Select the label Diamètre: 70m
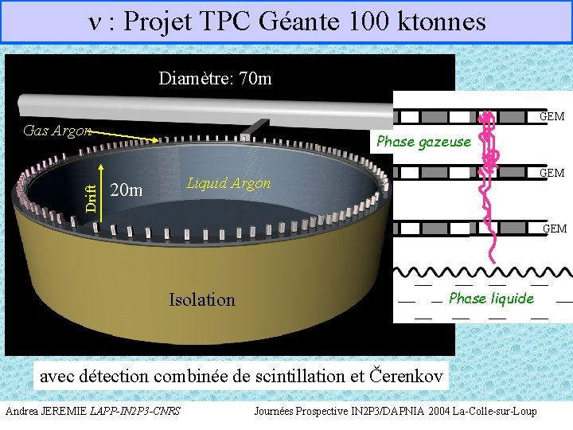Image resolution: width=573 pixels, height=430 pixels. tap(215, 78)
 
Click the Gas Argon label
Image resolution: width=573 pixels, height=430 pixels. tap(57, 131)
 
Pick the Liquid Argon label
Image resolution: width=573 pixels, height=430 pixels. tap(228, 183)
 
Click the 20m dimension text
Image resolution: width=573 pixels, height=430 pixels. tap(127, 190)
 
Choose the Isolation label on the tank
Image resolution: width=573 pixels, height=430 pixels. tap(202, 299)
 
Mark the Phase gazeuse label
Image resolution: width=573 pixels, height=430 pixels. tap(423, 142)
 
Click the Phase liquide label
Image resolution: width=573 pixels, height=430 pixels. tap(491, 298)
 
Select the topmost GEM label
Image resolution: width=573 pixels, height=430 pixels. tap(552, 116)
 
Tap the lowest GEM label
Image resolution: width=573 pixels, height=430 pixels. tap(554, 229)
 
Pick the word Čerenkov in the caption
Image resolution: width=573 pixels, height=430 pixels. tap(405, 374)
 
